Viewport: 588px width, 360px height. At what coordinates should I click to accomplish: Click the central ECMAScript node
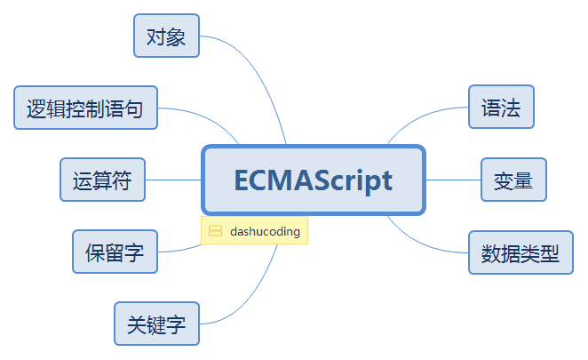314,180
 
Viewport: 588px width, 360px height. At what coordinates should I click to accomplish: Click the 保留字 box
115,252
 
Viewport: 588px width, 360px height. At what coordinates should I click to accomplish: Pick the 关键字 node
156,324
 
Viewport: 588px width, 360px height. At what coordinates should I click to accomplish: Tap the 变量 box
513,180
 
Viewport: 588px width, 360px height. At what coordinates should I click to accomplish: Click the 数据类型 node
520,252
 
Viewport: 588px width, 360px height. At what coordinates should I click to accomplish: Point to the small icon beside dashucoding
215,231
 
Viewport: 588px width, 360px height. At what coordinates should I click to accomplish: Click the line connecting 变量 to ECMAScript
453,180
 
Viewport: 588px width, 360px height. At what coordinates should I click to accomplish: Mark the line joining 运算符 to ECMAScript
173,180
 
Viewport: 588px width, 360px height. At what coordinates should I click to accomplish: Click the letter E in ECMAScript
243,180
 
